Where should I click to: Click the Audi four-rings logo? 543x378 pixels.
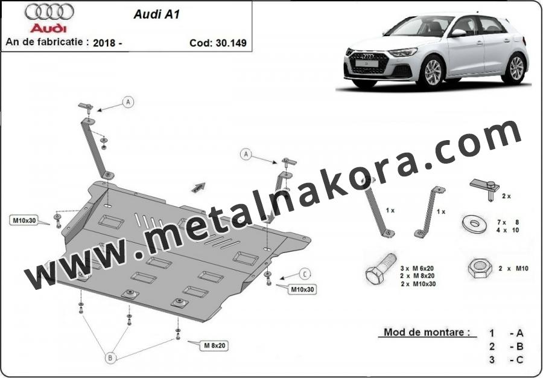click(x=49, y=11)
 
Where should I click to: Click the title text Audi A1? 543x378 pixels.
click(x=156, y=14)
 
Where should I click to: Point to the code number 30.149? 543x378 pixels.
click(x=231, y=43)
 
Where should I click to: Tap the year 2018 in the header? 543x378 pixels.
click(x=104, y=43)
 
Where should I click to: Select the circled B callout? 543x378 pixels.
click(x=110, y=357)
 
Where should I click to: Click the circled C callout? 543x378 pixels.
click(x=305, y=274)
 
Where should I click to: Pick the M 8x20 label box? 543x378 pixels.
click(x=214, y=345)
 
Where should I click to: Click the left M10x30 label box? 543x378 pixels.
click(x=24, y=220)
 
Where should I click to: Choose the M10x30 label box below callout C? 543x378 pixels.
click(x=302, y=289)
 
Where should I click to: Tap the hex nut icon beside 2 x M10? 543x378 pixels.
click(x=480, y=268)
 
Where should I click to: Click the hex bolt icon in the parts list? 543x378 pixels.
click(x=381, y=268)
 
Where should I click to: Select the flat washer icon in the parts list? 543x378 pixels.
click(x=474, y=223)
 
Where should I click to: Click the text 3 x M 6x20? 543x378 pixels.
click(x=417, y=268)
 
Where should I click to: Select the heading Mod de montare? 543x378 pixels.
click(x=427, y=332)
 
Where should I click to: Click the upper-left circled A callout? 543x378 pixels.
click(x=128, y=102)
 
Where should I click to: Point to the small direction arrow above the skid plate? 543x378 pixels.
click(x=198, y=187)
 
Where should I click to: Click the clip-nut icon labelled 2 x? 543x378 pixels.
click(x=485, y=188)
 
